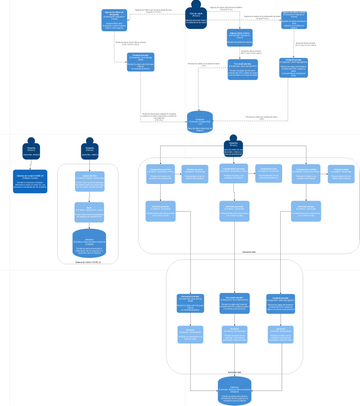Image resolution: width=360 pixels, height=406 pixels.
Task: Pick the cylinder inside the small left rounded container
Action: point(89,243)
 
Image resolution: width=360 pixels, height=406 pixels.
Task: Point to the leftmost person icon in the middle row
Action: point(31,147)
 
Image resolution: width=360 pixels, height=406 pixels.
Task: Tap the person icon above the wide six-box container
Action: point(233,144)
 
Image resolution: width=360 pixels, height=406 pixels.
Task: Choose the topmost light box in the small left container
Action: point(89,182)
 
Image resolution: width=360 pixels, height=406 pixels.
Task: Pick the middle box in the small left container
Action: point(89,211)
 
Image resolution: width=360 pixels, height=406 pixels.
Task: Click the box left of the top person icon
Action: point(115,19)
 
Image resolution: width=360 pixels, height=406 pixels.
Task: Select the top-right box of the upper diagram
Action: point(294,19)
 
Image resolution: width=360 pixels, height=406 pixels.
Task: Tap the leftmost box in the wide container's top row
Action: point(160,174)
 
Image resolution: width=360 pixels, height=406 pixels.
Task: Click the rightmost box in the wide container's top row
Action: point(340,172)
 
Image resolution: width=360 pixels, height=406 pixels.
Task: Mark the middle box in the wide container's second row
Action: point(234,210)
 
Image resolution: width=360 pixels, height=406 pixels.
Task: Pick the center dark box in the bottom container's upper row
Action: point(234,302)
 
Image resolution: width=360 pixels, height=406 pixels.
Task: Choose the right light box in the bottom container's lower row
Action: point(279,334)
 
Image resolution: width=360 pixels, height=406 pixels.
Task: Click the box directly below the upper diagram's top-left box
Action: point(140,62)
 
